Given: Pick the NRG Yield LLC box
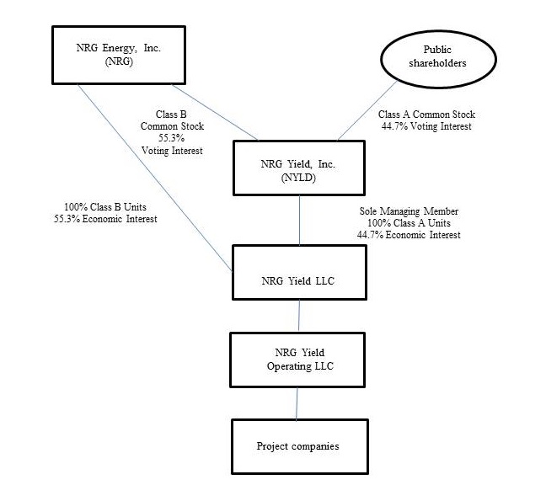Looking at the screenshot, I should pos(299,272).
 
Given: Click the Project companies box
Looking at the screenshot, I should pos(297,445).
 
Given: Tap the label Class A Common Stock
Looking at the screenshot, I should pos(426,114).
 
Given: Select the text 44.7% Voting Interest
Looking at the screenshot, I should pos(426,126).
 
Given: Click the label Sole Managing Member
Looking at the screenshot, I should pos(409,210).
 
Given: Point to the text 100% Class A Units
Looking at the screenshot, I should pos(409,222).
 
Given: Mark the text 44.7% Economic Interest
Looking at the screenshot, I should pos(409,235).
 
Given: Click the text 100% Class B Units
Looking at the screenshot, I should pos(102,207).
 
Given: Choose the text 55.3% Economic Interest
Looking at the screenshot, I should pos(102,219).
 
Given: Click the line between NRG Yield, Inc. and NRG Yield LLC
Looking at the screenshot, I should pos(301,220).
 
